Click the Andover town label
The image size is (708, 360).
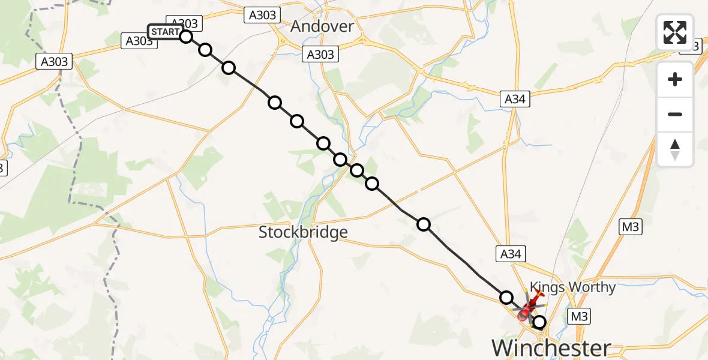(x=322, y=26)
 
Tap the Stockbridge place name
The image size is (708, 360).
(x=303, y=232)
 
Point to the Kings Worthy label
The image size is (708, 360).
(x=572, y=287)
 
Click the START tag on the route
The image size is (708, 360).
(x=164, y=32)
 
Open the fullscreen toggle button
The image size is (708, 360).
(x=675, y=32)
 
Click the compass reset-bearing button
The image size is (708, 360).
(x=675, y=149)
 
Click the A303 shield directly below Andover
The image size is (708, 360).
(x=320, y=55)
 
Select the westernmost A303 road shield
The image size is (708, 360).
(x=54, y=61)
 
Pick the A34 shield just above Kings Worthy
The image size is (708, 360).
(x=510, y=254)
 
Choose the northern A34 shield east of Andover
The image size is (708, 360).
(x=515, y=100)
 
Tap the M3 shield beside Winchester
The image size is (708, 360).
(x=580, y=317)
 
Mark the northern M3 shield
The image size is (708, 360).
(x=631, y=226)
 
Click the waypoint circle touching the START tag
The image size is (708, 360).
(x=186, y=37)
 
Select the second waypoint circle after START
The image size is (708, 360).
(x=228, y=67)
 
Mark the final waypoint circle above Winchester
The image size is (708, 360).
(x=539, y=323)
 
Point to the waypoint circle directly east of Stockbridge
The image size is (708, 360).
(x=424, y=224)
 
